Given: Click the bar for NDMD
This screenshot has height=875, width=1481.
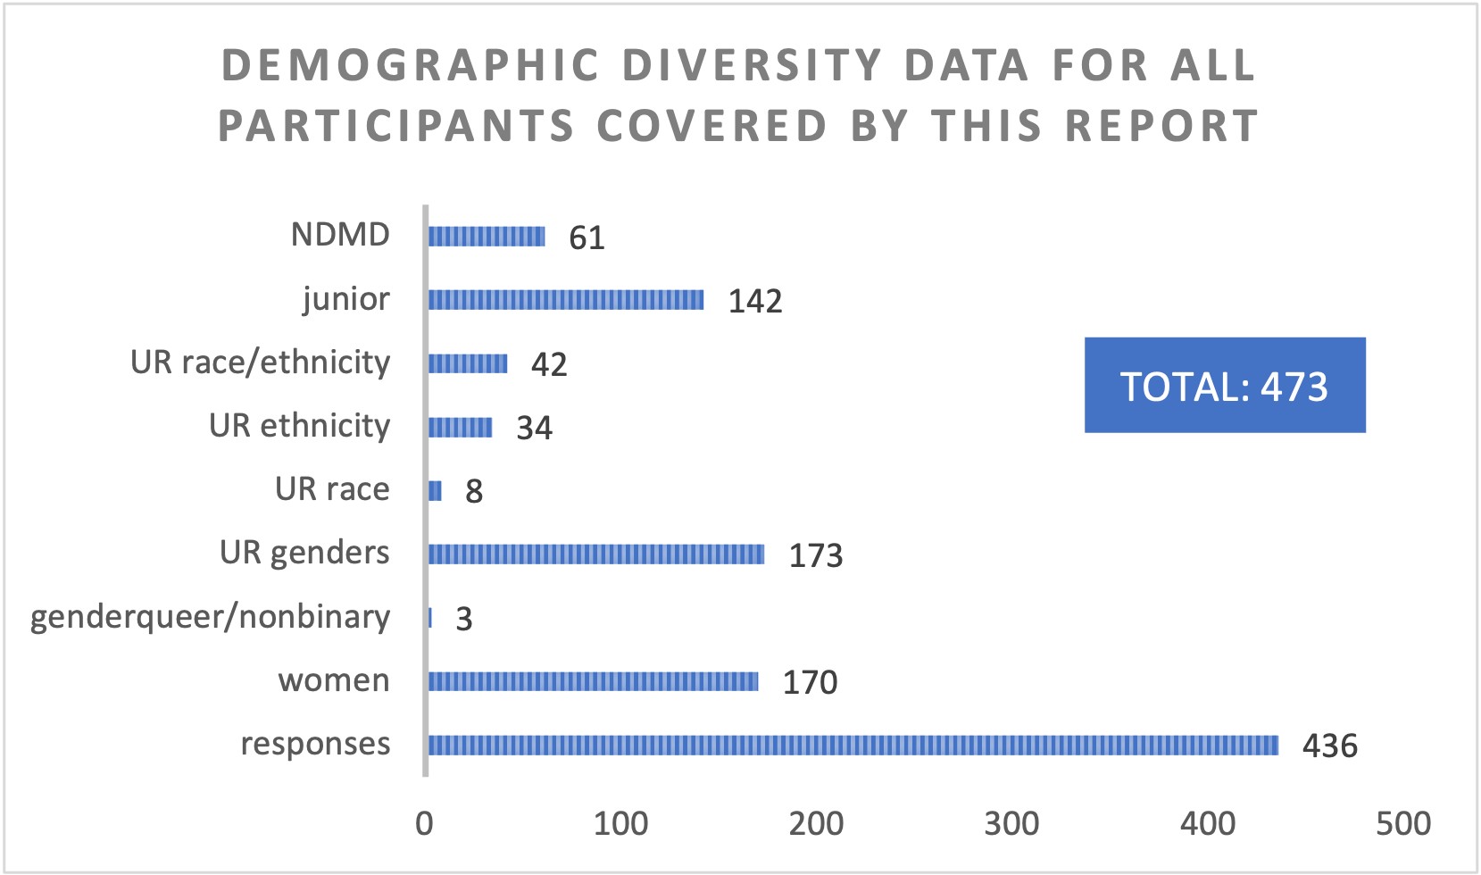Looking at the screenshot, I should point(487,237).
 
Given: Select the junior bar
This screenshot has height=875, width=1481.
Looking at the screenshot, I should point(566,300).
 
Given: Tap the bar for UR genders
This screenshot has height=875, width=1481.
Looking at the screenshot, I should point(596,554).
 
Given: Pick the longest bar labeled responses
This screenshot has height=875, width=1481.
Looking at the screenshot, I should point(853,745).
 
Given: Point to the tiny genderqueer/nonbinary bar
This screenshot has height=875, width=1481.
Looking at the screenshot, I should point(430,618).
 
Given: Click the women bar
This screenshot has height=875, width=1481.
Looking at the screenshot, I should point(593,681).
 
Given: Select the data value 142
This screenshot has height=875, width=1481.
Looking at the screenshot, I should point(755,301).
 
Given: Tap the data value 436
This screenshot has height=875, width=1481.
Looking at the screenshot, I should point(1329,746).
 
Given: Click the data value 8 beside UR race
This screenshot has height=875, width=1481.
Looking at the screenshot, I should point(474,491).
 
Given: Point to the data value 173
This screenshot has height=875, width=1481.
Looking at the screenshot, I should point(815,555).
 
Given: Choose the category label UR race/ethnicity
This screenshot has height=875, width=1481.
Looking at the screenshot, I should point(260,362).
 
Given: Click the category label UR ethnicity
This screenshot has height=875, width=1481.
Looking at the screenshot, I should point(299,426).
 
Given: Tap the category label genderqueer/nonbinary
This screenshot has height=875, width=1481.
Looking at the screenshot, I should point(210,617).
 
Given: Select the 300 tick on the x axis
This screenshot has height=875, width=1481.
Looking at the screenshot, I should point(1011,823).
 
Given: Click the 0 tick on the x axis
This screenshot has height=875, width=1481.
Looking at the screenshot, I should point(425,823).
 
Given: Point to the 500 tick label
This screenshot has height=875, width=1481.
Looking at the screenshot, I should point(1402,823).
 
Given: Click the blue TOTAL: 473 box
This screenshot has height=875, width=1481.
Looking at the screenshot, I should point(1224,386).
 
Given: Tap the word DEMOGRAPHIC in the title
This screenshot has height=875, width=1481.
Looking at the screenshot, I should point(410,66).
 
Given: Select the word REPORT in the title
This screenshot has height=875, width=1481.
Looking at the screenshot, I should point(1161,126).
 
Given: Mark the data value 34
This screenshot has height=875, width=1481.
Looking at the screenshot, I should point(534,428).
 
